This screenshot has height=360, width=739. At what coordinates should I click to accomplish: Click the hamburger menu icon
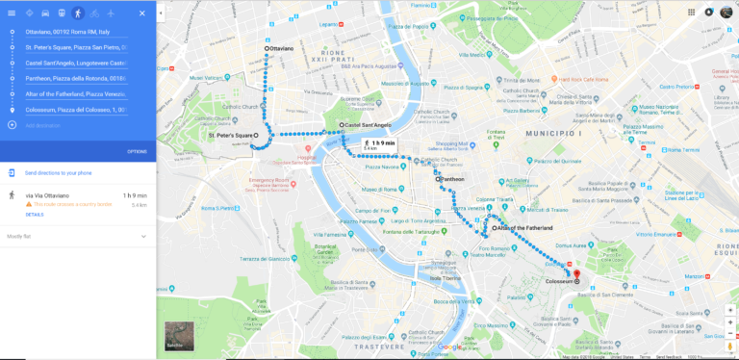click(x=12, y=13)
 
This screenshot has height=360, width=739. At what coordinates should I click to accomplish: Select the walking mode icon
click(x=78, y=13)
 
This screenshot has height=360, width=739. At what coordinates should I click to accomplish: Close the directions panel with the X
click(x=142, y=13)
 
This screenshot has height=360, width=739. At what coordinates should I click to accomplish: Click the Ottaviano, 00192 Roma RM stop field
click(x=75, y=32)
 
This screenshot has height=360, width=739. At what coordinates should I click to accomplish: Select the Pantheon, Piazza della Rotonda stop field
click(x=75, y=78)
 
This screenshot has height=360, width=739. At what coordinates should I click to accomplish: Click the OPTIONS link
click(x=137, y=151)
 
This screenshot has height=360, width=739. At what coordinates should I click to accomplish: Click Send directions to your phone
click(x=58, y=172)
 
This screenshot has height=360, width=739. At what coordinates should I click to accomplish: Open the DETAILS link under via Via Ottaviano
click(x=35, y=215)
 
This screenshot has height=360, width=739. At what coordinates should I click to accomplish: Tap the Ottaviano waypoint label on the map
click(x=281, y=48)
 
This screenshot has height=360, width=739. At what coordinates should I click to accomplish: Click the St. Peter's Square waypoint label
click(x=230, y=136)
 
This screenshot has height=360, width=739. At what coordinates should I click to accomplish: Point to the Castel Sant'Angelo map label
click(x=368, y=125)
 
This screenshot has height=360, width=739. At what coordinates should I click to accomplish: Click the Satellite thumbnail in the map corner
click(x=179, y=335)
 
